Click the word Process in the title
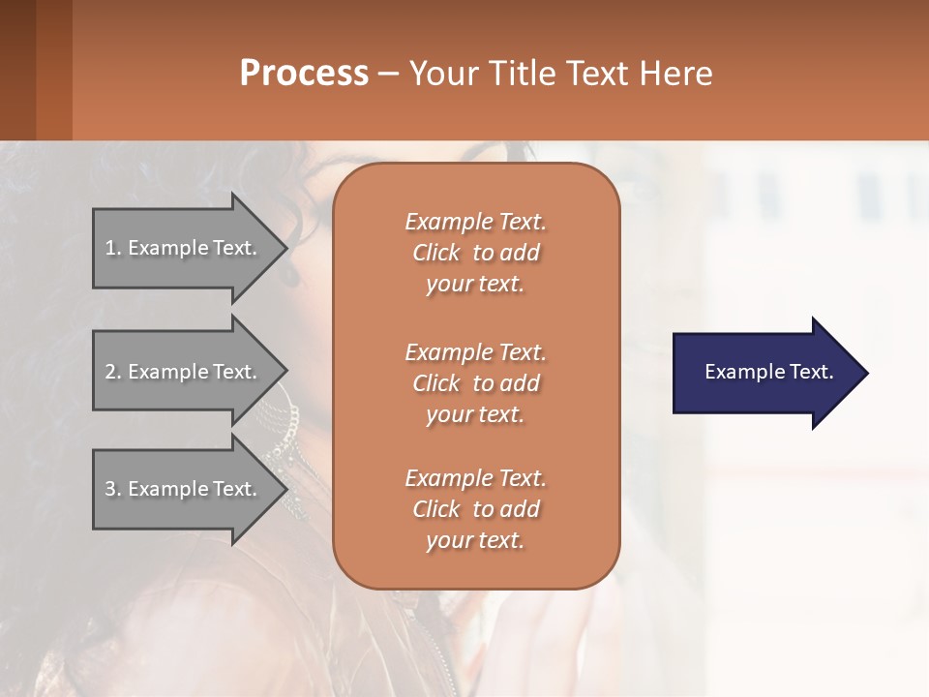tap(304, 73)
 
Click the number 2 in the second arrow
tap(110, 372)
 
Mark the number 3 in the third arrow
tap(110, 489)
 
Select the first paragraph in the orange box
tap(475, 253)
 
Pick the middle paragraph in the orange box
tap(475, 382)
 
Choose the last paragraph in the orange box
tap(475, 509)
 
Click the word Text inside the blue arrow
tap(811, 372)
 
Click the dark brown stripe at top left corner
tap(17, 70)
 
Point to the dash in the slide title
tap(389, 74)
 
